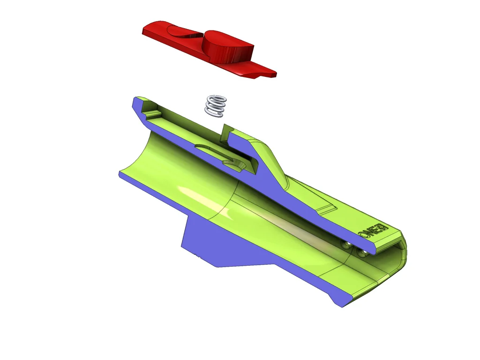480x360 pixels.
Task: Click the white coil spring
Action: click(x=216, y=105)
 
